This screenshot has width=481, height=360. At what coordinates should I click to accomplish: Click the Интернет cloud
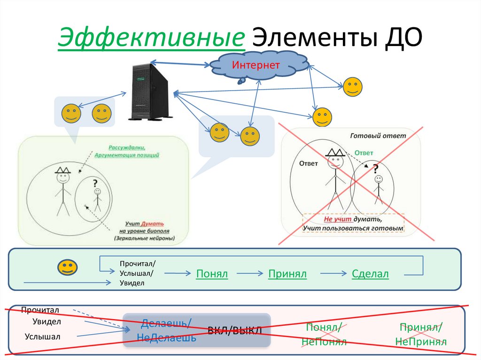pyautogui.click(x=256, y=66)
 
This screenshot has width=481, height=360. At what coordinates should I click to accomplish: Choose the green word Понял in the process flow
pyautogui.click(x=212, y=274)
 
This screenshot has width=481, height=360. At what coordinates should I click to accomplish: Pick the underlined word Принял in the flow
pyautogui.click(x=287, y=274)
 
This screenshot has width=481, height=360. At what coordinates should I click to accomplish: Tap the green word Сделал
pyautogui.click(x=370, y=274)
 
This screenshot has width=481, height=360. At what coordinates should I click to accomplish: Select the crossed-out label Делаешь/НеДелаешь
pyautogui.click(x=166, y=330)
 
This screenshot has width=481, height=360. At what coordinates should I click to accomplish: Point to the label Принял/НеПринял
pyautogui.click(x=420, y=334)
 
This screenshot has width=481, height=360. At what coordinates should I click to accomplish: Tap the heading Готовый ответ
pyautogui.click(x=378, y=136)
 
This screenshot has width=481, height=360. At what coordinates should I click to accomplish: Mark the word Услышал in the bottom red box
pyautogui.click(x=43, y=336)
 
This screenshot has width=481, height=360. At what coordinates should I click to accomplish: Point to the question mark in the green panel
pyautogui.click(x=95, y=184)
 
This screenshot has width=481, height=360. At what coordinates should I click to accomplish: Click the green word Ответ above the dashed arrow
pyautogui.click(x=364, y=153)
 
